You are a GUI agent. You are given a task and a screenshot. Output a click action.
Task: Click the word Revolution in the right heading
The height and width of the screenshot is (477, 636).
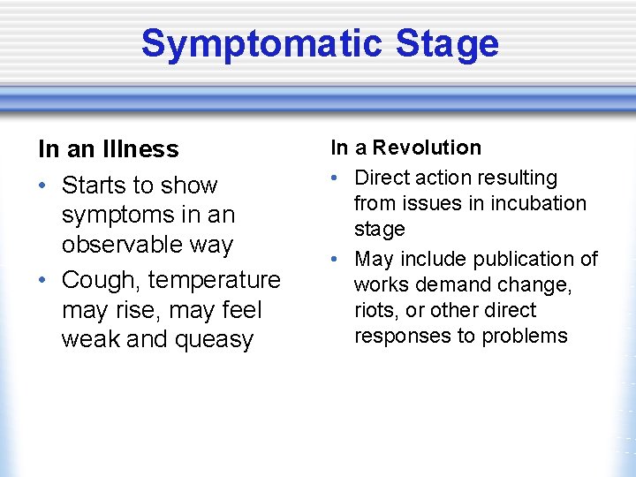tap(430, 148)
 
